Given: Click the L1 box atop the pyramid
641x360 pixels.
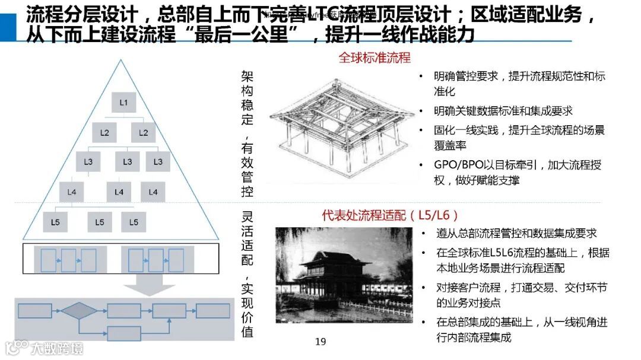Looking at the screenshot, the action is [x=123, y=102].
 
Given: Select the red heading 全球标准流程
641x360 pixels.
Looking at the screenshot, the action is [x=374, y=58].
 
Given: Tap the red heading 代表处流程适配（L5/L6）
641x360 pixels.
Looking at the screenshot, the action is [x=390, y=215].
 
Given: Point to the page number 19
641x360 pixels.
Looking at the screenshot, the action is [x=320, y=341].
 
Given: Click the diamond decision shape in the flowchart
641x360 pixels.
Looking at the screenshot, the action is [x=79, y=310].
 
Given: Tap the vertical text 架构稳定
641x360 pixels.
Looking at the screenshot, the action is [x=247, y=97].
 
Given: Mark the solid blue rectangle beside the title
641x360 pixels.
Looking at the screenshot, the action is [x=8, y=25].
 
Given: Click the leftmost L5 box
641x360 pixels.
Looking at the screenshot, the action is [x=55, y=222].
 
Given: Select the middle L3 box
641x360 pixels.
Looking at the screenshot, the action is [x=127, y=161].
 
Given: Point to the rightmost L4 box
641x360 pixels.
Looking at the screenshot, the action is [x=153, y=192].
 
